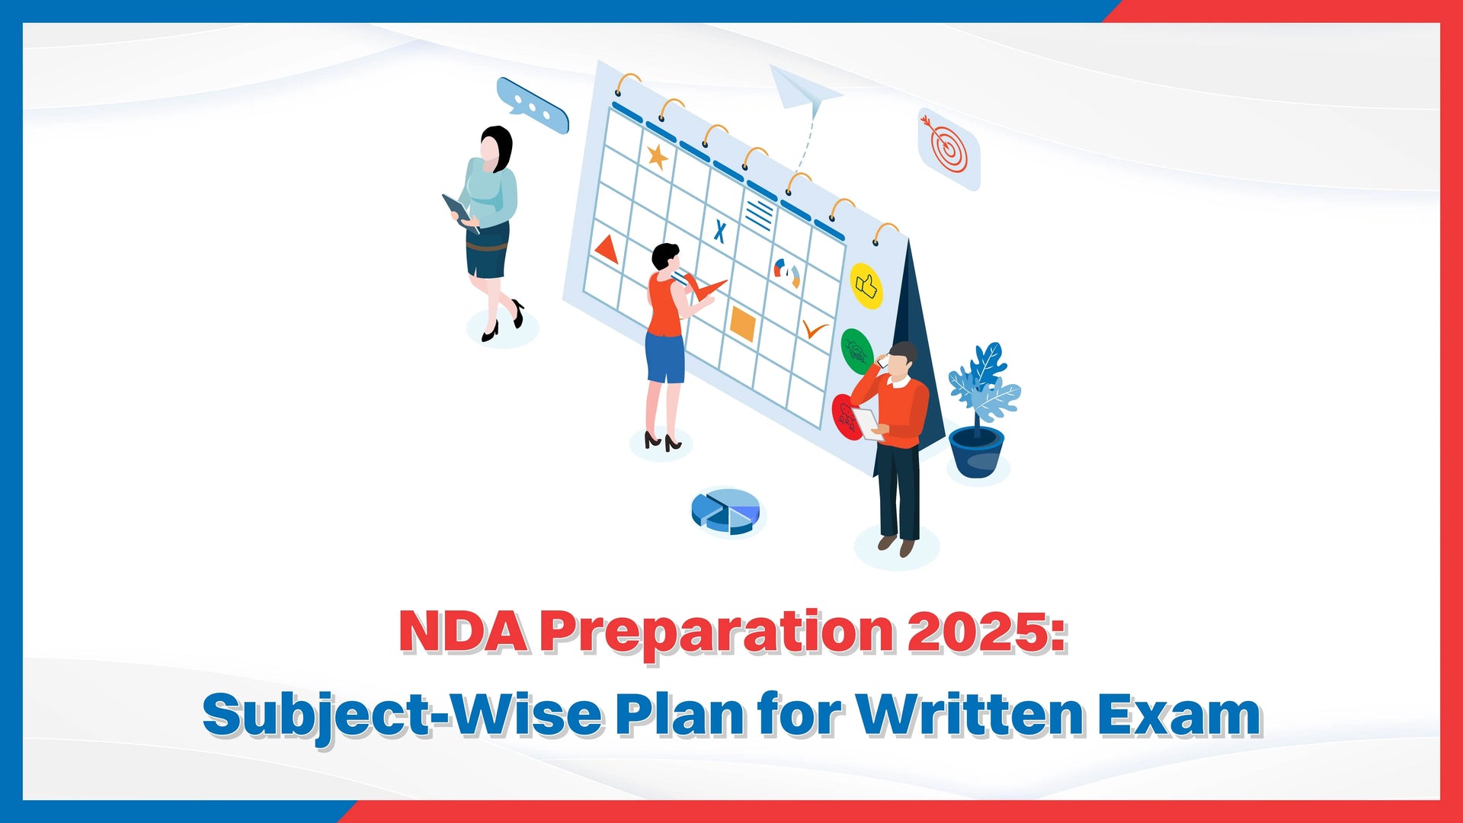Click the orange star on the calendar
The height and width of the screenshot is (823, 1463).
tap(657, 157)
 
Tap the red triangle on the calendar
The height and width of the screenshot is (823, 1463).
tap(607, 250)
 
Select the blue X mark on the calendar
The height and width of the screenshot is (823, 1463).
tap(719, 230)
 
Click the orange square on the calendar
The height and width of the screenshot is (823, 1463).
tap(742, 323)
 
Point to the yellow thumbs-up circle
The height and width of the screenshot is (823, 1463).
tap(866, 286)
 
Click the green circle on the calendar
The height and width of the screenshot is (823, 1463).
tap(857, 351)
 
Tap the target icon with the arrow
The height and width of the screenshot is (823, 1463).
tap(949, 149)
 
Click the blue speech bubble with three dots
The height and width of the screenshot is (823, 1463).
tap(533, 106)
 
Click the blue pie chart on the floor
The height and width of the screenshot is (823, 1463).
tap(726, 511)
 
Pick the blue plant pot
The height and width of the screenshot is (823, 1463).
tap(976, 452)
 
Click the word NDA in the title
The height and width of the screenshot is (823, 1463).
tap(464, 631)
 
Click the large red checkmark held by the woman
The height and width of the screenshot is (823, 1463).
tap(703, 287)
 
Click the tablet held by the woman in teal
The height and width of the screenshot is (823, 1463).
tap(458, 209)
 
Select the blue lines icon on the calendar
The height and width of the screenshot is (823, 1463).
tap(759, 214)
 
